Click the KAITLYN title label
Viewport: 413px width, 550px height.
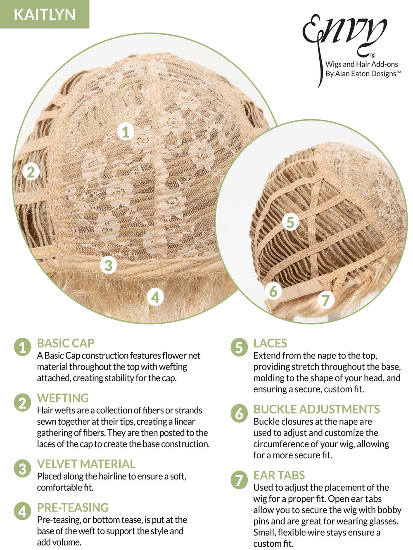(x=44, y=14)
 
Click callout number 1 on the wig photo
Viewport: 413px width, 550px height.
(x=126, y=132)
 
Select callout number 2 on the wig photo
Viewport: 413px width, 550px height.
(x=31, y=172)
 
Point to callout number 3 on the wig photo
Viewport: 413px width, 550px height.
(x=108, y=265)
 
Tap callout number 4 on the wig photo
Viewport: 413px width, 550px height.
(x=155, y=297)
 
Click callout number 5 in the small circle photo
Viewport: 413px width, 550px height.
(x=290, y=222)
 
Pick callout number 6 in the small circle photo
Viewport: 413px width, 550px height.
(x=273, y=291)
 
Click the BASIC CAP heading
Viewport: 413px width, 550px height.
(x=66, y=343)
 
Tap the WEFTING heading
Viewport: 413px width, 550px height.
(x=63, y=398)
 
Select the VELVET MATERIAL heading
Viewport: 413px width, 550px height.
(x=86, y=464)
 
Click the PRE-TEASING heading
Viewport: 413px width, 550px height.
(x=73, y=507)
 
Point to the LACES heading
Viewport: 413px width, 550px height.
(x=270, y=343)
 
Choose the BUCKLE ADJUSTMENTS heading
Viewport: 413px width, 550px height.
(x=316, y=409)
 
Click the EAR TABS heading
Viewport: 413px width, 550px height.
(x=279, y=475)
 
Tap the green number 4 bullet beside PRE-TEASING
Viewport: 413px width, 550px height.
(x=23, y=511)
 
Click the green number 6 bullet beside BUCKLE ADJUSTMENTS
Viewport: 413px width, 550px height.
(x=239, y=413)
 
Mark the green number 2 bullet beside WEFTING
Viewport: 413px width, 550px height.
(x=23, y=403)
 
